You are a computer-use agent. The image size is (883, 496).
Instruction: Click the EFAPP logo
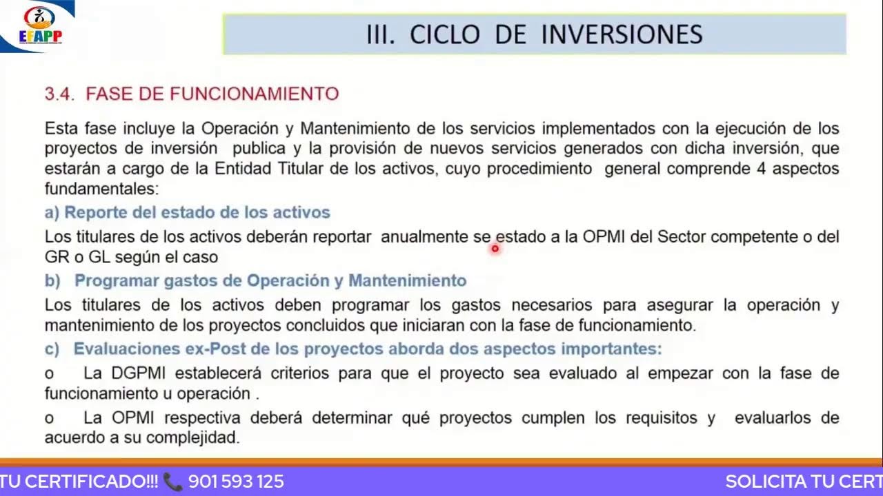(41, 25)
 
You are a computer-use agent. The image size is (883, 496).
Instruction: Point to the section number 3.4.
(59, 94)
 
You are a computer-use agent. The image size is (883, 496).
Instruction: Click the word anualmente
(424, 237)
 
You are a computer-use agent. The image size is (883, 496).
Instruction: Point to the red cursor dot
(495, 249)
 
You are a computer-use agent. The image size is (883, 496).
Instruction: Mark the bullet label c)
(52, 349)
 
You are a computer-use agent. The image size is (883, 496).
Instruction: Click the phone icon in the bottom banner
(173, 482)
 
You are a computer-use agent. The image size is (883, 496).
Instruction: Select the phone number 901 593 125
(236, 482)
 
